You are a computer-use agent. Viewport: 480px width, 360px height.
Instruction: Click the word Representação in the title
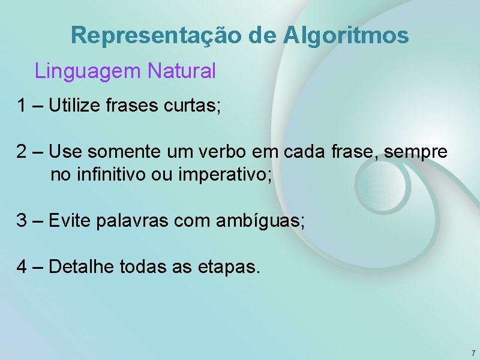(155, 35)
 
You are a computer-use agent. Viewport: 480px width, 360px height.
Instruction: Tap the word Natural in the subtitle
(181, 71)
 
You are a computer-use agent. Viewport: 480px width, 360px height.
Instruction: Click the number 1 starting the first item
(22, 106)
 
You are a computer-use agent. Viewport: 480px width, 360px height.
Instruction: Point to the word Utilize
(74, 106)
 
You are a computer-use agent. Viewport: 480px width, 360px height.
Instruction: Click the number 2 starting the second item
(22, 152)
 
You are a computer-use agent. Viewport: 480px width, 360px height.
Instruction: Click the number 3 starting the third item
(22, 221)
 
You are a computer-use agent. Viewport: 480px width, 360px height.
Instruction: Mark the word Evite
(67, 221)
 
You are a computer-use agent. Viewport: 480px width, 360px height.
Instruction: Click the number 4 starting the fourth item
(22, 266)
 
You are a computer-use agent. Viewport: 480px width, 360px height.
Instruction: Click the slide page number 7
(473, 353)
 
